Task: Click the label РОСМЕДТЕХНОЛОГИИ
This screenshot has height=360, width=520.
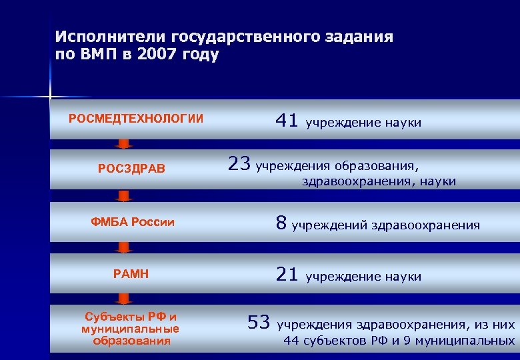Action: pos(136,119)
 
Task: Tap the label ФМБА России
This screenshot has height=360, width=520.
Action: pos(133,222)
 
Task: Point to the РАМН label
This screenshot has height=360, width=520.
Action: pos(131,273)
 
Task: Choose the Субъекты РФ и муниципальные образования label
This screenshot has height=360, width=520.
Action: pos(130,328)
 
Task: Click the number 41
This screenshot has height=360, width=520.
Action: pos(287,120)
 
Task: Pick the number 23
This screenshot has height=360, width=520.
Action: pos(239,163)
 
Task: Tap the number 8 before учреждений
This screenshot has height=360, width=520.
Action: pos(281,223)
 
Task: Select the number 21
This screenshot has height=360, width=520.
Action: pos(287,274)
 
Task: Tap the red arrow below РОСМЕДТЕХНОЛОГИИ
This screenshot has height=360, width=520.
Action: pos(123,143)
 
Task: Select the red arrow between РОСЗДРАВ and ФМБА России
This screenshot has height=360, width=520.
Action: pos(123,195)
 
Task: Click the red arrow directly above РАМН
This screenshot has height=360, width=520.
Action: pos(123,247)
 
